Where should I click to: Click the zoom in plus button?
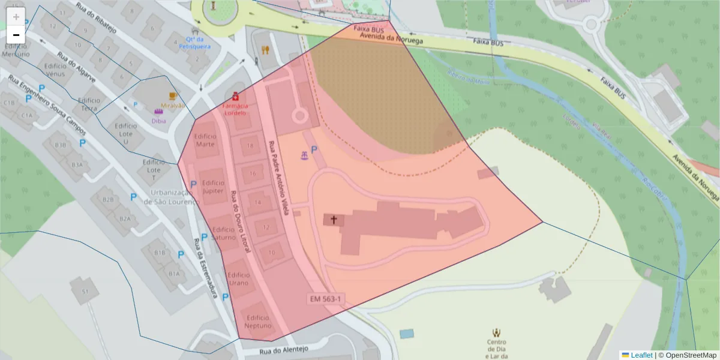point(16,17)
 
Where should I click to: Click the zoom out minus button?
point(16,35)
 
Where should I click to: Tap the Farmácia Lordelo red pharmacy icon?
point(236,97)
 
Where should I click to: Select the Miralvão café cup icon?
point(173,96)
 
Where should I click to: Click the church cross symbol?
point(333,220)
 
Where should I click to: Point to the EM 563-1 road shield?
point(326,299)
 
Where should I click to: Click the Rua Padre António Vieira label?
point(280,178)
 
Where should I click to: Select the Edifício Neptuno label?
point(257,322)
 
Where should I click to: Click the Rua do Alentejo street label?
point(284,350)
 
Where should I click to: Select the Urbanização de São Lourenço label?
point(171,197)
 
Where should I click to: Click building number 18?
point(250,146)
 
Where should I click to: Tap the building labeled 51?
point(85,292)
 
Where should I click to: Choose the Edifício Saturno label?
point(223,233)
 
